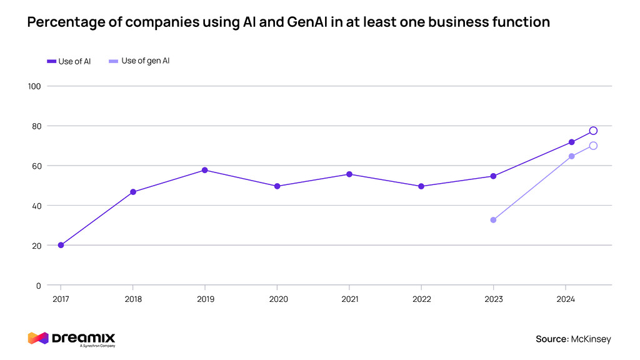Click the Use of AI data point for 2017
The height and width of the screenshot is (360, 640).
61,245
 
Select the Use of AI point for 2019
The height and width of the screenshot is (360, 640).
205,170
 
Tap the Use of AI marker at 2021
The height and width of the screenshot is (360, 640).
349,174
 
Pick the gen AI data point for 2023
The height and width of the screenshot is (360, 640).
493,220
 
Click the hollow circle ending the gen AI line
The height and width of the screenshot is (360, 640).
593,146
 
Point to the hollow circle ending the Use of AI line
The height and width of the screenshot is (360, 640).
593,131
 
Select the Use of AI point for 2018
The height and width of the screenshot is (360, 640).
133,192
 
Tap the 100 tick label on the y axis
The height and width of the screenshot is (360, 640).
34,86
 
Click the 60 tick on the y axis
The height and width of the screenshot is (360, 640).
36,166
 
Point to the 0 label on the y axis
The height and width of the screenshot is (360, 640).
39,286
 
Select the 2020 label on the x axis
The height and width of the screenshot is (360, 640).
278,299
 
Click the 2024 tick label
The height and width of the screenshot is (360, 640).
566,299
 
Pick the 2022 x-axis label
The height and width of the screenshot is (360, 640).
422,299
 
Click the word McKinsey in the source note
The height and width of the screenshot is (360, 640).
591,339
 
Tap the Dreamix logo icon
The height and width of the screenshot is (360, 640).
37,338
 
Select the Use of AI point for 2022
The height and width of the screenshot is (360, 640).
421,186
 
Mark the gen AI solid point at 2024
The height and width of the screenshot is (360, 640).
571,156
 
